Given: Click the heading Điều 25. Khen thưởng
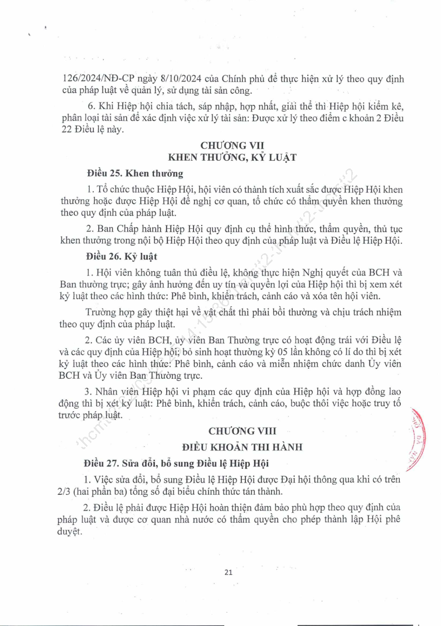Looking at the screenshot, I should coord(135,174).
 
